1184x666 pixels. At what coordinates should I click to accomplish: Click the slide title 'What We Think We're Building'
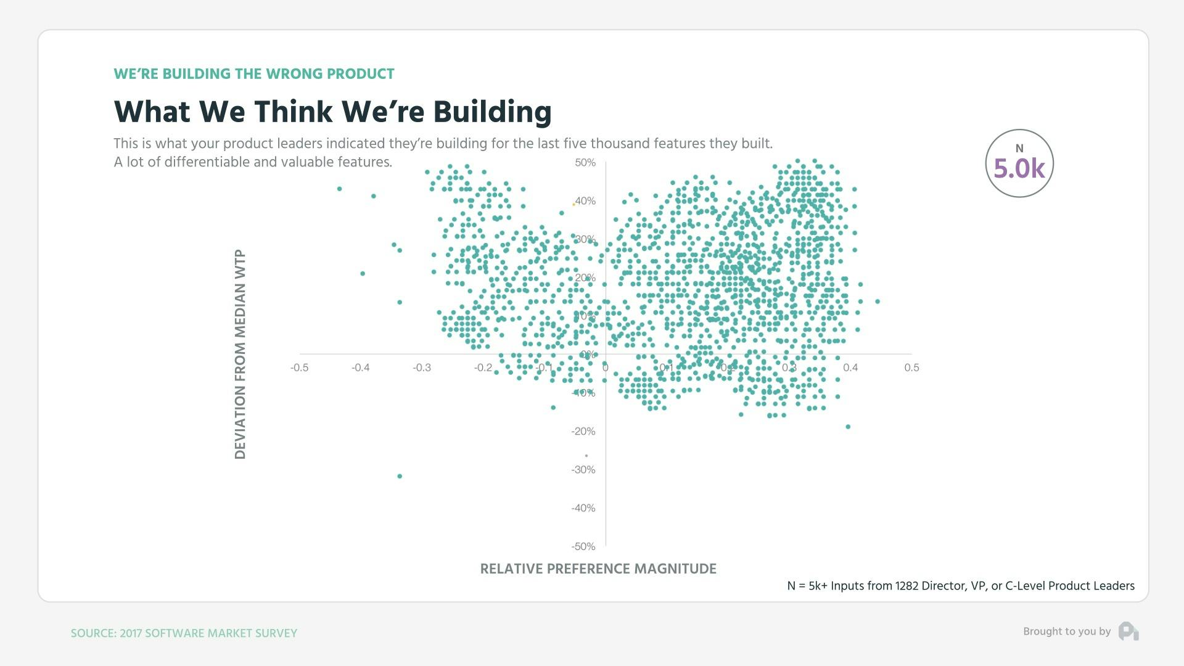(332, 112)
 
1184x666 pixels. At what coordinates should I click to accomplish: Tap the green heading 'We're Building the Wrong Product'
(254, 74)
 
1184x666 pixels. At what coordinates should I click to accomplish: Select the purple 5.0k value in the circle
(1019, 168)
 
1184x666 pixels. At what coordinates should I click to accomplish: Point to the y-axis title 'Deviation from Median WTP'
(240, 354)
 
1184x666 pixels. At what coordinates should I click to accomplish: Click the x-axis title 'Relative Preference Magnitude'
(598, 569)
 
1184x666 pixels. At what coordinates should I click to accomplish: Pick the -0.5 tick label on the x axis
(300, 368)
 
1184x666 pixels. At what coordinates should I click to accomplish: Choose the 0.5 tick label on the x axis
(911, 368)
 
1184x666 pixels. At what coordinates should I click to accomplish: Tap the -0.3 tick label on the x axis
(422, 368)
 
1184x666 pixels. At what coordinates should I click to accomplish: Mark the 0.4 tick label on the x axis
(850, 368)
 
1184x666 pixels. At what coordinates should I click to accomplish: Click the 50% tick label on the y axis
(585, 163)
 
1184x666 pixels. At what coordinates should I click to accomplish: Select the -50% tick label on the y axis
(583, 546)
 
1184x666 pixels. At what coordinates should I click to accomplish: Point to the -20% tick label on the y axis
(583, 432)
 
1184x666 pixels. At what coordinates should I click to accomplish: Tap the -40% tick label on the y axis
(583, 508)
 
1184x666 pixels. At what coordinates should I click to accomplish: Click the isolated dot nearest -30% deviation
(400, 476)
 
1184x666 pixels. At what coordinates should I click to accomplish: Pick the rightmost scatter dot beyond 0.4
(878, 302)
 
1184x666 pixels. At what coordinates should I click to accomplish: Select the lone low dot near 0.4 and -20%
(848, 427)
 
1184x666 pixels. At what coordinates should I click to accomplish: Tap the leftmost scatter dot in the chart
(339, 189)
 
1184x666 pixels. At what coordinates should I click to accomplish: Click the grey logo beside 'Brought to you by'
(1128, 631)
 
